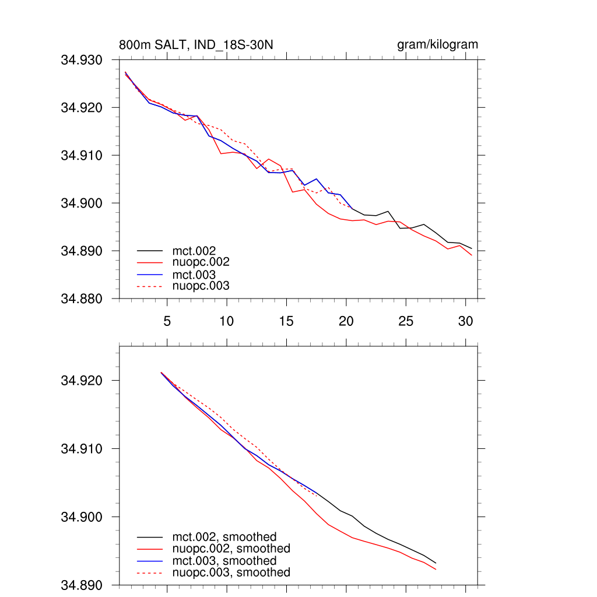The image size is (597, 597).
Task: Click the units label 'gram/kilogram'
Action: pos(437,45)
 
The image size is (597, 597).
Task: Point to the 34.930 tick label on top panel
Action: pos(82,60)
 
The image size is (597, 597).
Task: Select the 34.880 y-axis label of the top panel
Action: pos(82,299)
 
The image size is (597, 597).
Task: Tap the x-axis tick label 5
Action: pos(167,321)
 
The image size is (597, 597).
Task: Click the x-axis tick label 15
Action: pos(286,321)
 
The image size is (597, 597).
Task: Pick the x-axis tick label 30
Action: pos(465,321)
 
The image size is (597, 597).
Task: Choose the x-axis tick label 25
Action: pos(406,321)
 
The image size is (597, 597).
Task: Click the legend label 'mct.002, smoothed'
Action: pos(224,537)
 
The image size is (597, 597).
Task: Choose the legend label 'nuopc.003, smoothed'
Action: pos(231,573)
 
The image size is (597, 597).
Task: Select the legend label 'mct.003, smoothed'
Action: pos(224,561)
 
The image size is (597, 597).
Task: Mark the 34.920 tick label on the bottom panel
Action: pos(82,381)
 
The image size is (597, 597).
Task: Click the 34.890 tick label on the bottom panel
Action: pos(82,585)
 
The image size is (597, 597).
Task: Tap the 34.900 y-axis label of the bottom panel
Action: pos(82,517)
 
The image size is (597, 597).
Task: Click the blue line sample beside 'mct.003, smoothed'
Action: pos(150,561)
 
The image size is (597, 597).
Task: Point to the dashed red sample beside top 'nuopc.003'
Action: pos(150,286)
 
